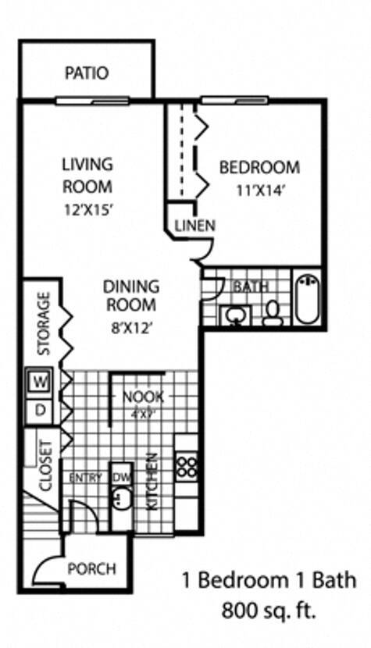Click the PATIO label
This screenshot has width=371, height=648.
point(87,73)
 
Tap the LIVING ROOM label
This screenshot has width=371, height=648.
point(87,176)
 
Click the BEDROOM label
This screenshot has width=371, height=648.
point(259,167)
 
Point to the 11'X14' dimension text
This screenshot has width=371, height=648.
point(259,190)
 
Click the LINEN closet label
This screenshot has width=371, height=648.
point(194,226)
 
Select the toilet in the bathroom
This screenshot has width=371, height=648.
point(273,312)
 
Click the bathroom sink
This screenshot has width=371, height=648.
point(234,315)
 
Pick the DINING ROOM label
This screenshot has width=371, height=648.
point(131,296)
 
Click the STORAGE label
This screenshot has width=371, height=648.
point(45,323)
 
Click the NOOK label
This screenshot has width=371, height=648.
point(143,397)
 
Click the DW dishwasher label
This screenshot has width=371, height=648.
point(120,477)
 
